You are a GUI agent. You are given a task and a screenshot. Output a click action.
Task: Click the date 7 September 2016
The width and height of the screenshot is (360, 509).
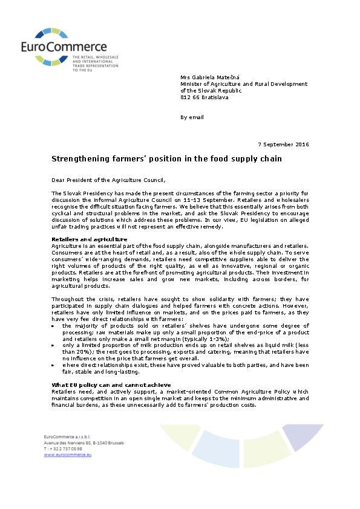coord(283,144)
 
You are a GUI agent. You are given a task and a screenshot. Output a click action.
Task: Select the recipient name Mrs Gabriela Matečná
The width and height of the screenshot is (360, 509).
coord(211,77)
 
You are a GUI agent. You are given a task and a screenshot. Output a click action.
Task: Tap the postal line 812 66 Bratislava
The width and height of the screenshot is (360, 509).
coord(205,97)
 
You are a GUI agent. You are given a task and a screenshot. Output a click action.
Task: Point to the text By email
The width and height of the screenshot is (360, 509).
coord(192,117)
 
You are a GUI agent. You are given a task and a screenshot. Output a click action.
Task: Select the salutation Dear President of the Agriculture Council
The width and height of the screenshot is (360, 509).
coord(108,180)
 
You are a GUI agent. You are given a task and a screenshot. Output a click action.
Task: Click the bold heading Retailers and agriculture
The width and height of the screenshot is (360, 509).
coord(89,239)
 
